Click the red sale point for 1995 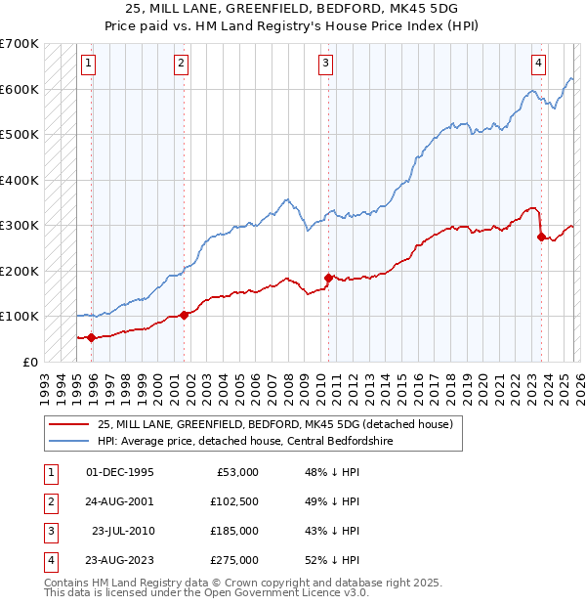pyautogui.click(x=92, y=338)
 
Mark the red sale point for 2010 pyautogui.click(x=328, y=278)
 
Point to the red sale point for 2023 pyautogui.click(x=541, y=237)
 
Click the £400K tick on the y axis pyautogui.click(x=20, y=180)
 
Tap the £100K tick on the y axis pyautogui.click(x=20, y=317)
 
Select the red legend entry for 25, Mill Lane pyautogui.click(x=273, y=425)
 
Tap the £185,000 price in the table pyautogui.click(x=234, y=531)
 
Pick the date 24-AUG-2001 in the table pyautogui.click(x=120, y=501)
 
